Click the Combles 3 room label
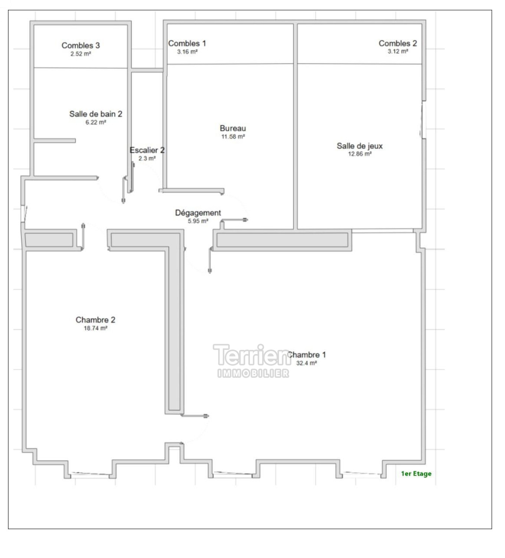(x=81, y=45)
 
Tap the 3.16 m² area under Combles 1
(x=188, y=52)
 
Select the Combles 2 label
(x=398, y=43)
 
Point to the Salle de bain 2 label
(x=96, y=114)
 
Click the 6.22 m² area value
(x=96, y=122)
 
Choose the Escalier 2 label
(x=147, y=150)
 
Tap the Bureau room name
(x=233, y=128)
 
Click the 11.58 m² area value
(x=233, y=137)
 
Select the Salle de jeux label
(x=359, y=146)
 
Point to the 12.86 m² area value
(x=360, y=154)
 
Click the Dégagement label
(x=198, y=213)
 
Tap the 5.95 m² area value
(x=198, y=221)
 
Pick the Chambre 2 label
(x=95, y=320)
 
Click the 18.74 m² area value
(x=96, y=328)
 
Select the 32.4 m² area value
(x=306, y=363)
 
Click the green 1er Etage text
(x=416, y=474)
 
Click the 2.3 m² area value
(x=147, y=158)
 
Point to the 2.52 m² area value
(x=81, y=54)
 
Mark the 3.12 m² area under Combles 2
(x=398, y=52)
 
